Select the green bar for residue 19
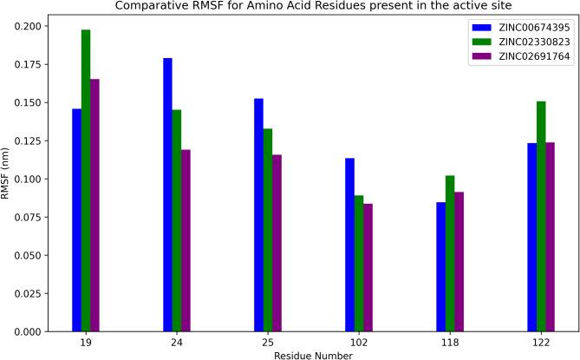coord(86,180)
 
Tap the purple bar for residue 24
coord(186,240)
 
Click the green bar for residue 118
coord(450,253)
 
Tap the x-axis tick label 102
coord(359,342)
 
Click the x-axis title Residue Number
coord(313,354)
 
